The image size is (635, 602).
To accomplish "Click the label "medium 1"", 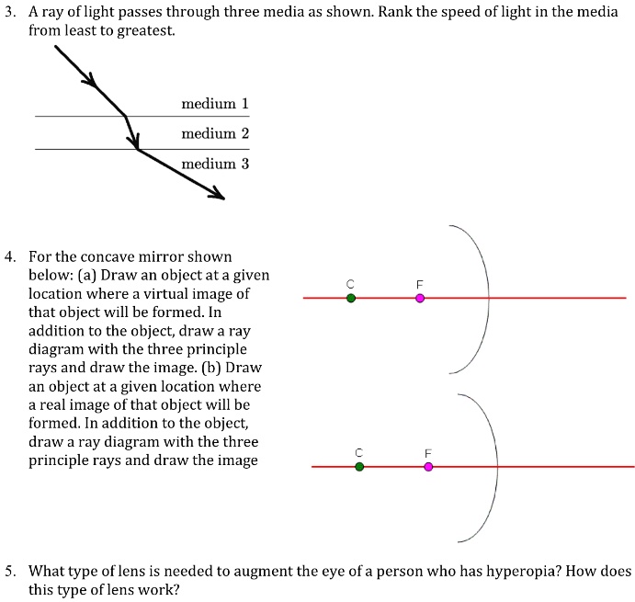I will [x=215, y=104].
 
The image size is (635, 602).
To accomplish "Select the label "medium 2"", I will [x=215, y=133].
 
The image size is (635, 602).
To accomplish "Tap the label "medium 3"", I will [x=215, y=164].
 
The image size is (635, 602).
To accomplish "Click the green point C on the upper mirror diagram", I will [x=350, y=298].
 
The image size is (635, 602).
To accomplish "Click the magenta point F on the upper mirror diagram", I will [x=420, y=298].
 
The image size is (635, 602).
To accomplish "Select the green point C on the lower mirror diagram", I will [x=359, y=467].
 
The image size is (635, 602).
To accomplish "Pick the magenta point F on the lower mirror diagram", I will [x=428, y=467].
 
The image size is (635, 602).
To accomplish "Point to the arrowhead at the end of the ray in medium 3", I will [x=217, y=194].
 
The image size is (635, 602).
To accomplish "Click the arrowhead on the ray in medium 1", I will [x=90, y=83].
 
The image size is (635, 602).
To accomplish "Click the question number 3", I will [x=8, y=12].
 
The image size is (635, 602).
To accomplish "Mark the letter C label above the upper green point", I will [x=350, y=283].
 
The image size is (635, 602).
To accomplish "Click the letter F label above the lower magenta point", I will [x=427, y=453].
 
